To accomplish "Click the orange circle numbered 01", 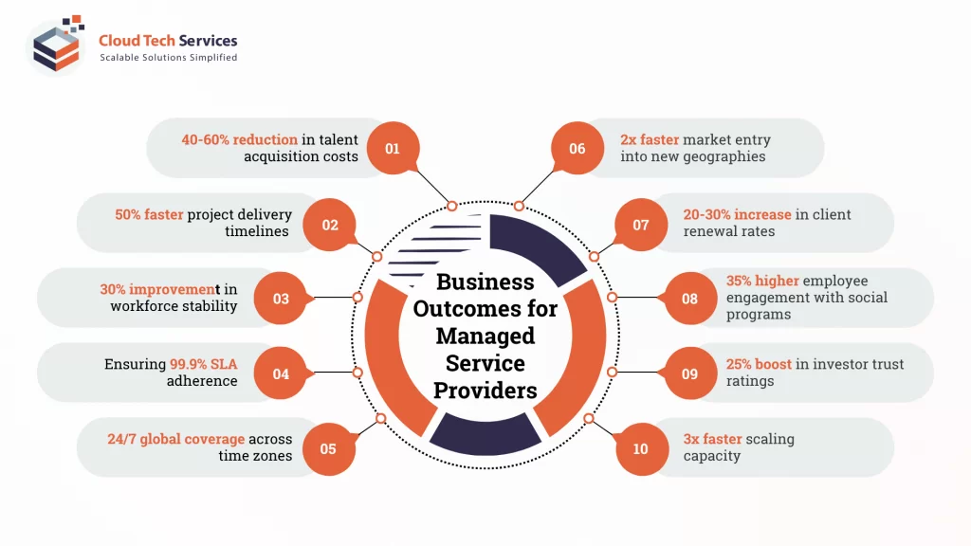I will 393,149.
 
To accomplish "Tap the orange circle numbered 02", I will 330,225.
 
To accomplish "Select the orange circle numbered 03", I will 281,299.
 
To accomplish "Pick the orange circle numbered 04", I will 281,373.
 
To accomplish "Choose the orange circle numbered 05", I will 328,448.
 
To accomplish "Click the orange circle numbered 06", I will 577,149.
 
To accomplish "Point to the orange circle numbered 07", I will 641,225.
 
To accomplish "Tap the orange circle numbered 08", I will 689,299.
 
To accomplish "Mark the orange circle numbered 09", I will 689,373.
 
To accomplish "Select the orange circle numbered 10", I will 641,448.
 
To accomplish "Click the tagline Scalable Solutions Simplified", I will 169,58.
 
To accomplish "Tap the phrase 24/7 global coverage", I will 175,439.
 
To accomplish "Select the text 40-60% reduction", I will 239,139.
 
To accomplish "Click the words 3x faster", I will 712,439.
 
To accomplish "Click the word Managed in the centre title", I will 485,336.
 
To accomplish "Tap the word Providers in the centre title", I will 485,390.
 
